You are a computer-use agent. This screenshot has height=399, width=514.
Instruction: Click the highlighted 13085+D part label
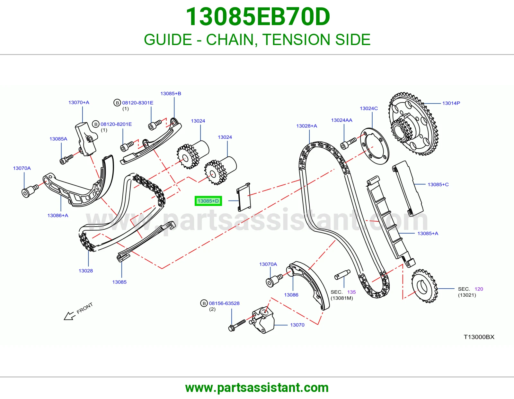click(208, 201)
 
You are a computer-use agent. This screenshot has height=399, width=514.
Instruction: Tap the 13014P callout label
click(451, 103)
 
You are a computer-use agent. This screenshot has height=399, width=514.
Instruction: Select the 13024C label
click(369, 108)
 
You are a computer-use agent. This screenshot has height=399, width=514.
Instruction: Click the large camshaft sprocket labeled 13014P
click(413, 124)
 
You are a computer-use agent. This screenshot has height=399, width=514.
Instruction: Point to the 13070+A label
click(79, 103)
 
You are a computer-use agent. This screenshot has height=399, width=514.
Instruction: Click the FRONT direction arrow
click(69, 316)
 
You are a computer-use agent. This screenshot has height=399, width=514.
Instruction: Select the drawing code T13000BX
click(479, 337)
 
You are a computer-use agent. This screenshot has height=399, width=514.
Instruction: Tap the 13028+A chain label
click(306, 126)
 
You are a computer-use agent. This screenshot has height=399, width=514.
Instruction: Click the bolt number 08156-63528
click(224, 303)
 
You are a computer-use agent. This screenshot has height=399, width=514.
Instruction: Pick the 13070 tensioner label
click(297, 325)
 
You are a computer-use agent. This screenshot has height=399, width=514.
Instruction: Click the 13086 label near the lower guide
click(291, 295)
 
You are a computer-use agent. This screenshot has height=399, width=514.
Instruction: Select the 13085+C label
click(438, 185)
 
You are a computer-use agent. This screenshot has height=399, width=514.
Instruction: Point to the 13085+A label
click(428, 234)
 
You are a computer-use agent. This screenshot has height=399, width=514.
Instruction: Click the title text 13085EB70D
click(258, 17)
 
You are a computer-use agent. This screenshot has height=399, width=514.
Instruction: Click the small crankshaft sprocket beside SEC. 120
click(424, 286)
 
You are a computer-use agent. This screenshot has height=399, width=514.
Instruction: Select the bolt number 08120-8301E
click(138, 103)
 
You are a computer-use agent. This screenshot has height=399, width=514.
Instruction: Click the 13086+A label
click(58, 216)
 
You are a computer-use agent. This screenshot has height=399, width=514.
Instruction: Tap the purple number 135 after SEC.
click(351, 292)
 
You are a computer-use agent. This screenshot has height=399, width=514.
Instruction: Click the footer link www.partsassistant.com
click(257, 388)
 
